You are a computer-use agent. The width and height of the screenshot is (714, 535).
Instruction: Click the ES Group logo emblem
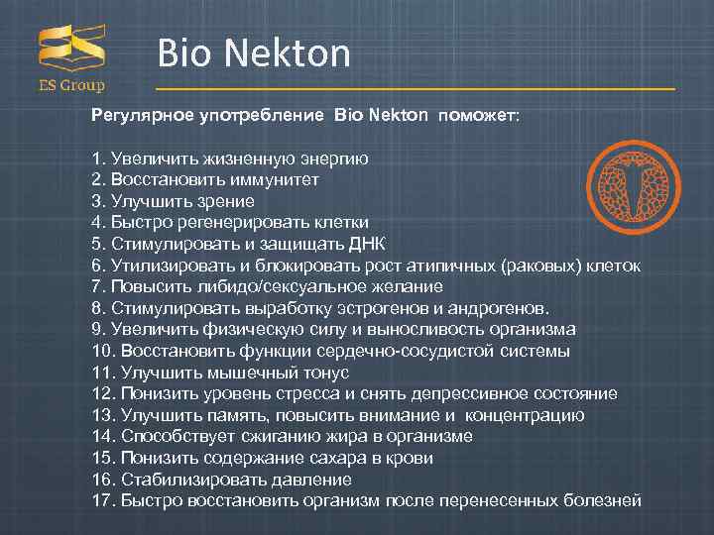pos(71,49)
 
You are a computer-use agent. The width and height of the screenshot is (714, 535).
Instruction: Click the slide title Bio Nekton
pos(254,53)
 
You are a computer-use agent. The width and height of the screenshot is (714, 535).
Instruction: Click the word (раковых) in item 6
pos(544,266)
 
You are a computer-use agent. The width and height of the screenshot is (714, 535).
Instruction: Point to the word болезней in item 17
pos(606,500)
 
